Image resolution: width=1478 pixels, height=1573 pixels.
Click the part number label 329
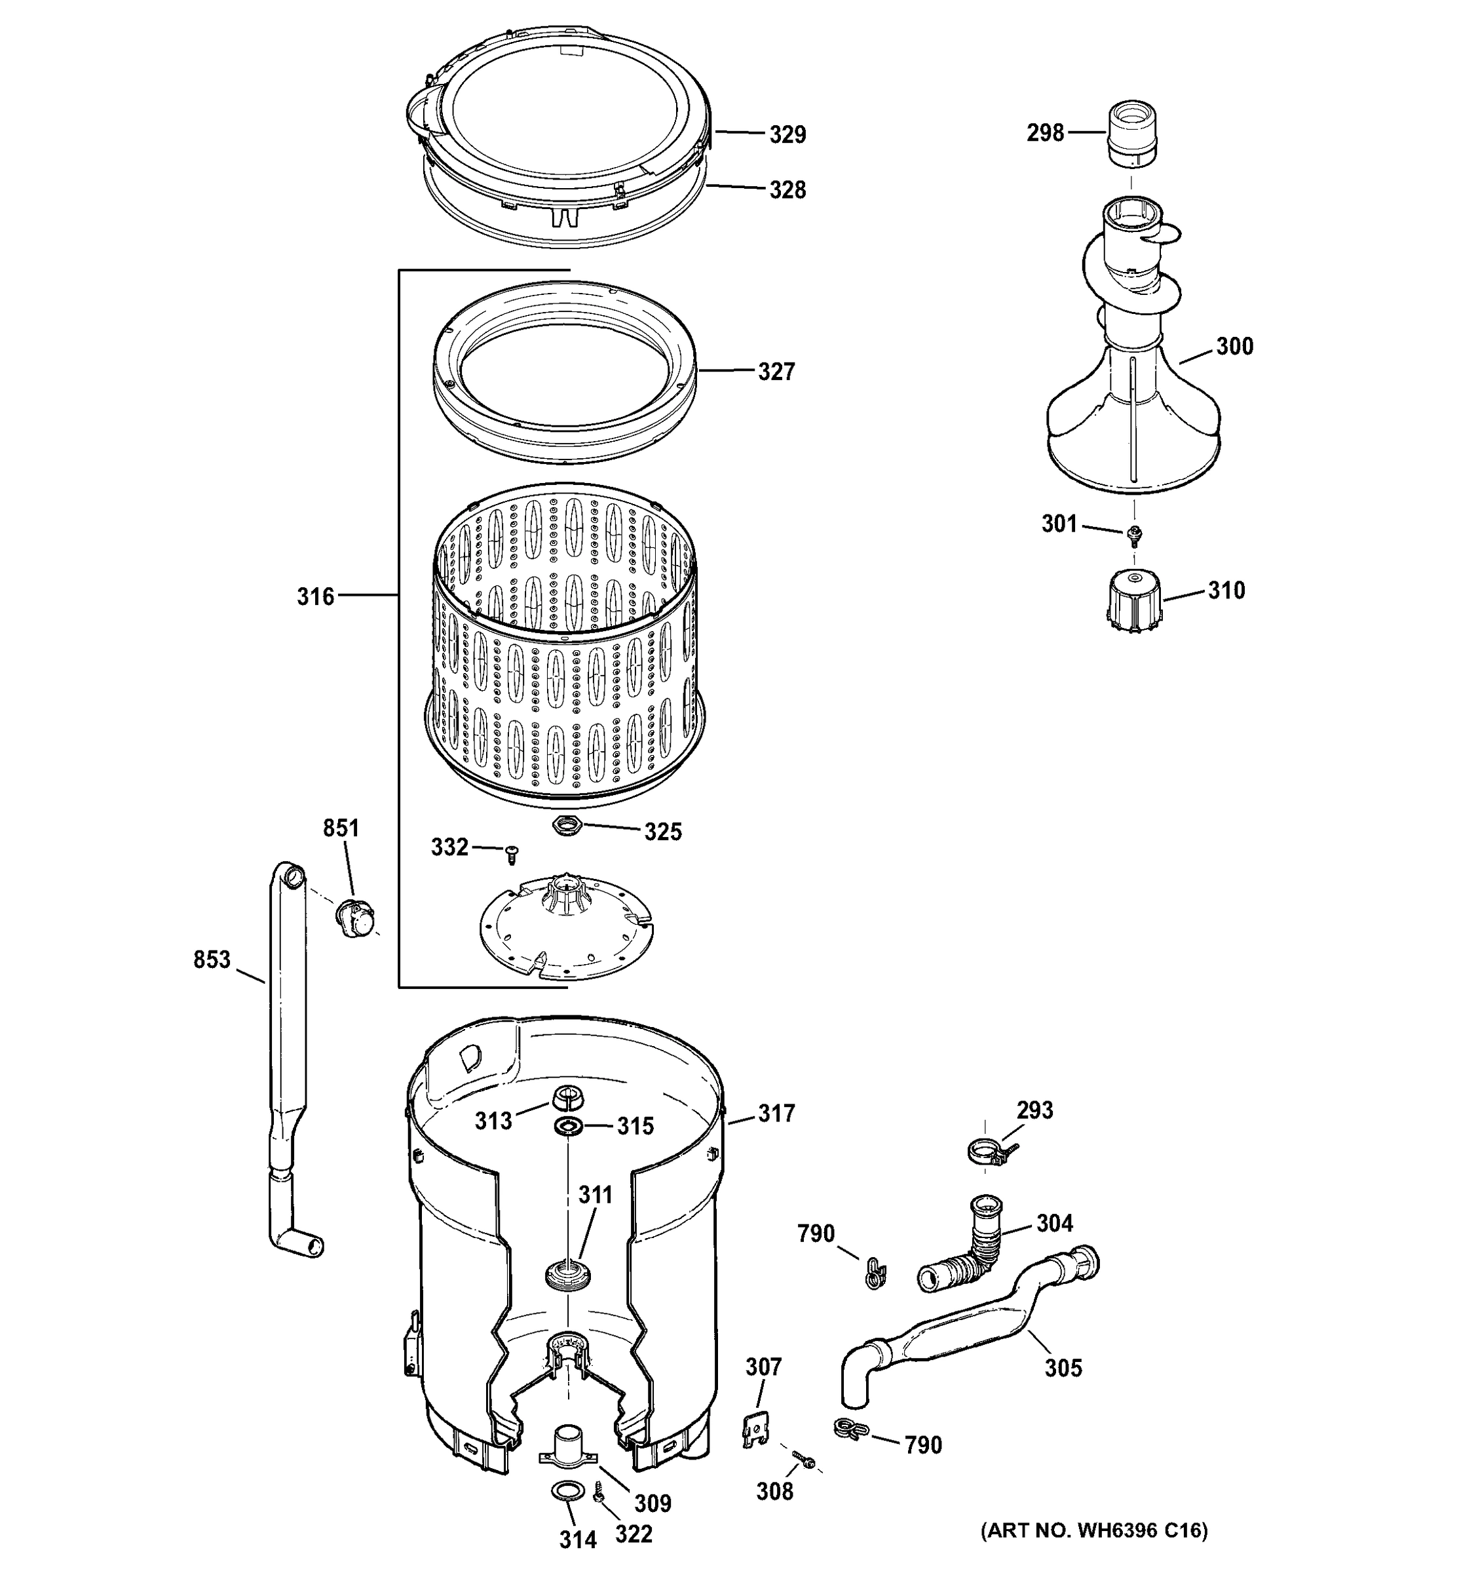coord(787,134)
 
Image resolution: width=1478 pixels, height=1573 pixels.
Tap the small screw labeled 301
coord(1134,535)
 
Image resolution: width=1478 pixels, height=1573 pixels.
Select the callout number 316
coord(316,596)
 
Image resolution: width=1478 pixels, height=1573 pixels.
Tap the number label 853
coord(212,960)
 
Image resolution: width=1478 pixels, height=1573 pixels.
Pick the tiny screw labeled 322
coord(598,1494)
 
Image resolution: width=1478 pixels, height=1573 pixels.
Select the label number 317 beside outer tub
coord(776,1114)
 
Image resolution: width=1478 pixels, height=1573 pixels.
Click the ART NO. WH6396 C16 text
coord(1095,1553)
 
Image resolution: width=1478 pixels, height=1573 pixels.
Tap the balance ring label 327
coord(776,372)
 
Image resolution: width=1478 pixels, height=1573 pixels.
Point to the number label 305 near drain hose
coord(1063,1367)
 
